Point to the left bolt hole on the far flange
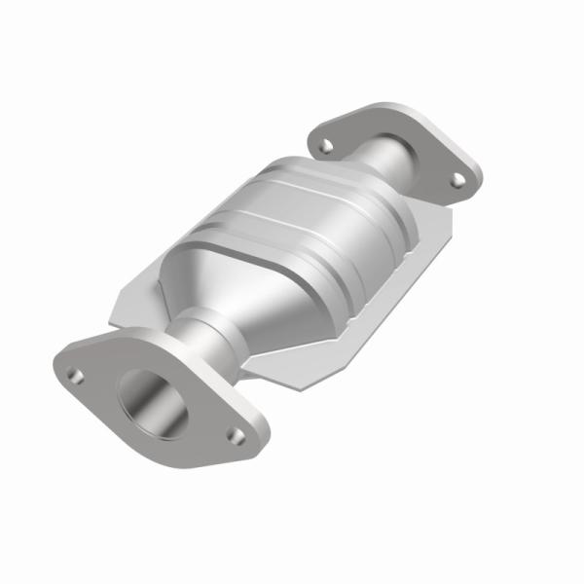coord(325,144)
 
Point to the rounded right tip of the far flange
coord(478,181)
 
